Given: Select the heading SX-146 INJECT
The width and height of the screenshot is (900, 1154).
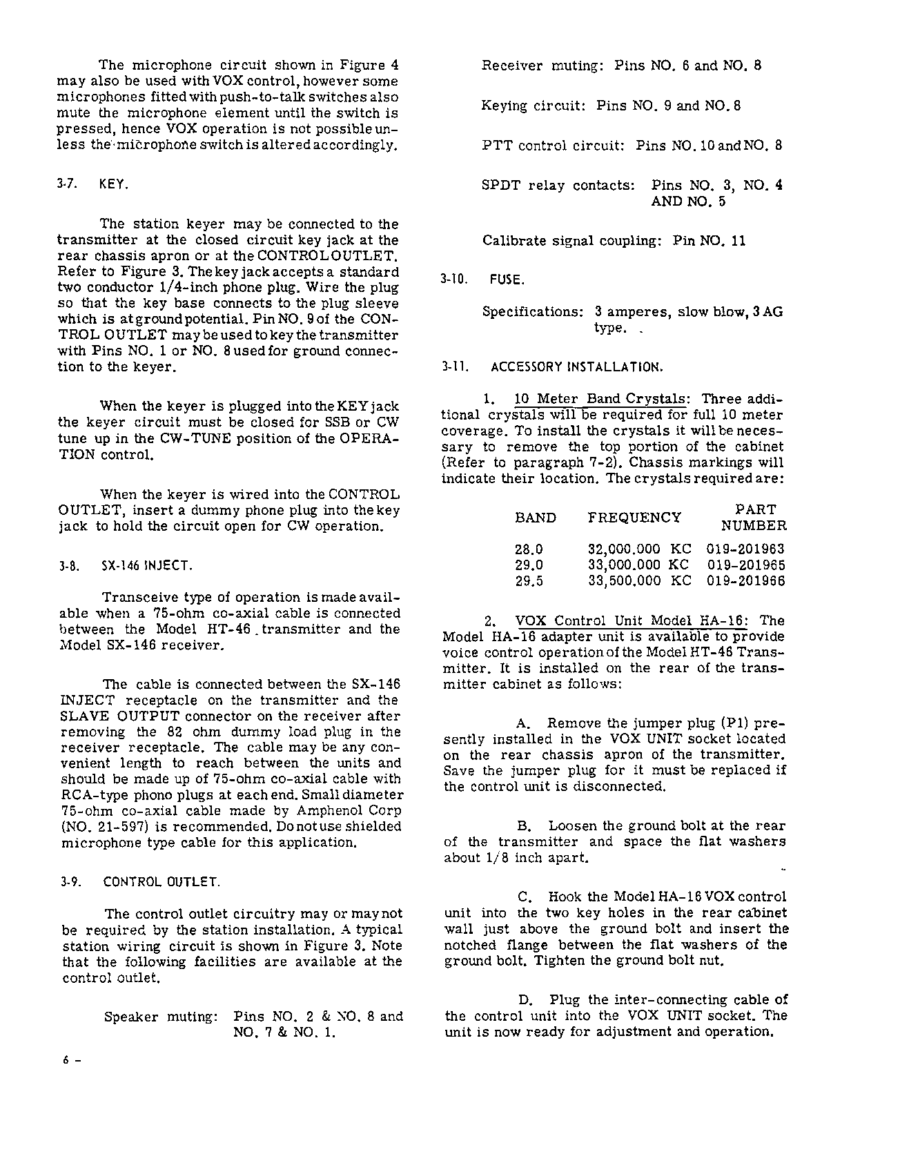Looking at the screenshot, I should (x=146, y=566).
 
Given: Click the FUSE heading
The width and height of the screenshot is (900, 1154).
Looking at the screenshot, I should (x=507, y=280).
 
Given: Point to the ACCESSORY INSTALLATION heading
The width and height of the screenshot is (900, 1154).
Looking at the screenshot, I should (x=571, y=367).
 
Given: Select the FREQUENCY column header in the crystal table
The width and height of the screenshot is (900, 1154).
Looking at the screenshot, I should (x=634, y=518).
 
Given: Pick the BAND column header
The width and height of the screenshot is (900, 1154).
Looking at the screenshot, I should (x=536, y=518).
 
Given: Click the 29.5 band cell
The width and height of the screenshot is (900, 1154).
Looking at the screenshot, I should (x=529, y=581).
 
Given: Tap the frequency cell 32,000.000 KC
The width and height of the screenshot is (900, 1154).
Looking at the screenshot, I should (x=639, y=549).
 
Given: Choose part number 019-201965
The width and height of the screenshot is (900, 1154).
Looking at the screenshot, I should (x=745, y=565).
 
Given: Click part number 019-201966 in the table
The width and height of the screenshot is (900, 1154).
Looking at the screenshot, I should (x=745, y=581).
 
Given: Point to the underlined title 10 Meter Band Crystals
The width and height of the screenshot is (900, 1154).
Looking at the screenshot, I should (x=601, y=400).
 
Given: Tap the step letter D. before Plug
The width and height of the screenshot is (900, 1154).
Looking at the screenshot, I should (x=525, y=1000).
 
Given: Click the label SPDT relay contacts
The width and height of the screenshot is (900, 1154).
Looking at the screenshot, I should (x=558, y=186).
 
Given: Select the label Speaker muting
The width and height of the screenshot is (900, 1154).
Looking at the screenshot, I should (x=161, y=1017).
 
